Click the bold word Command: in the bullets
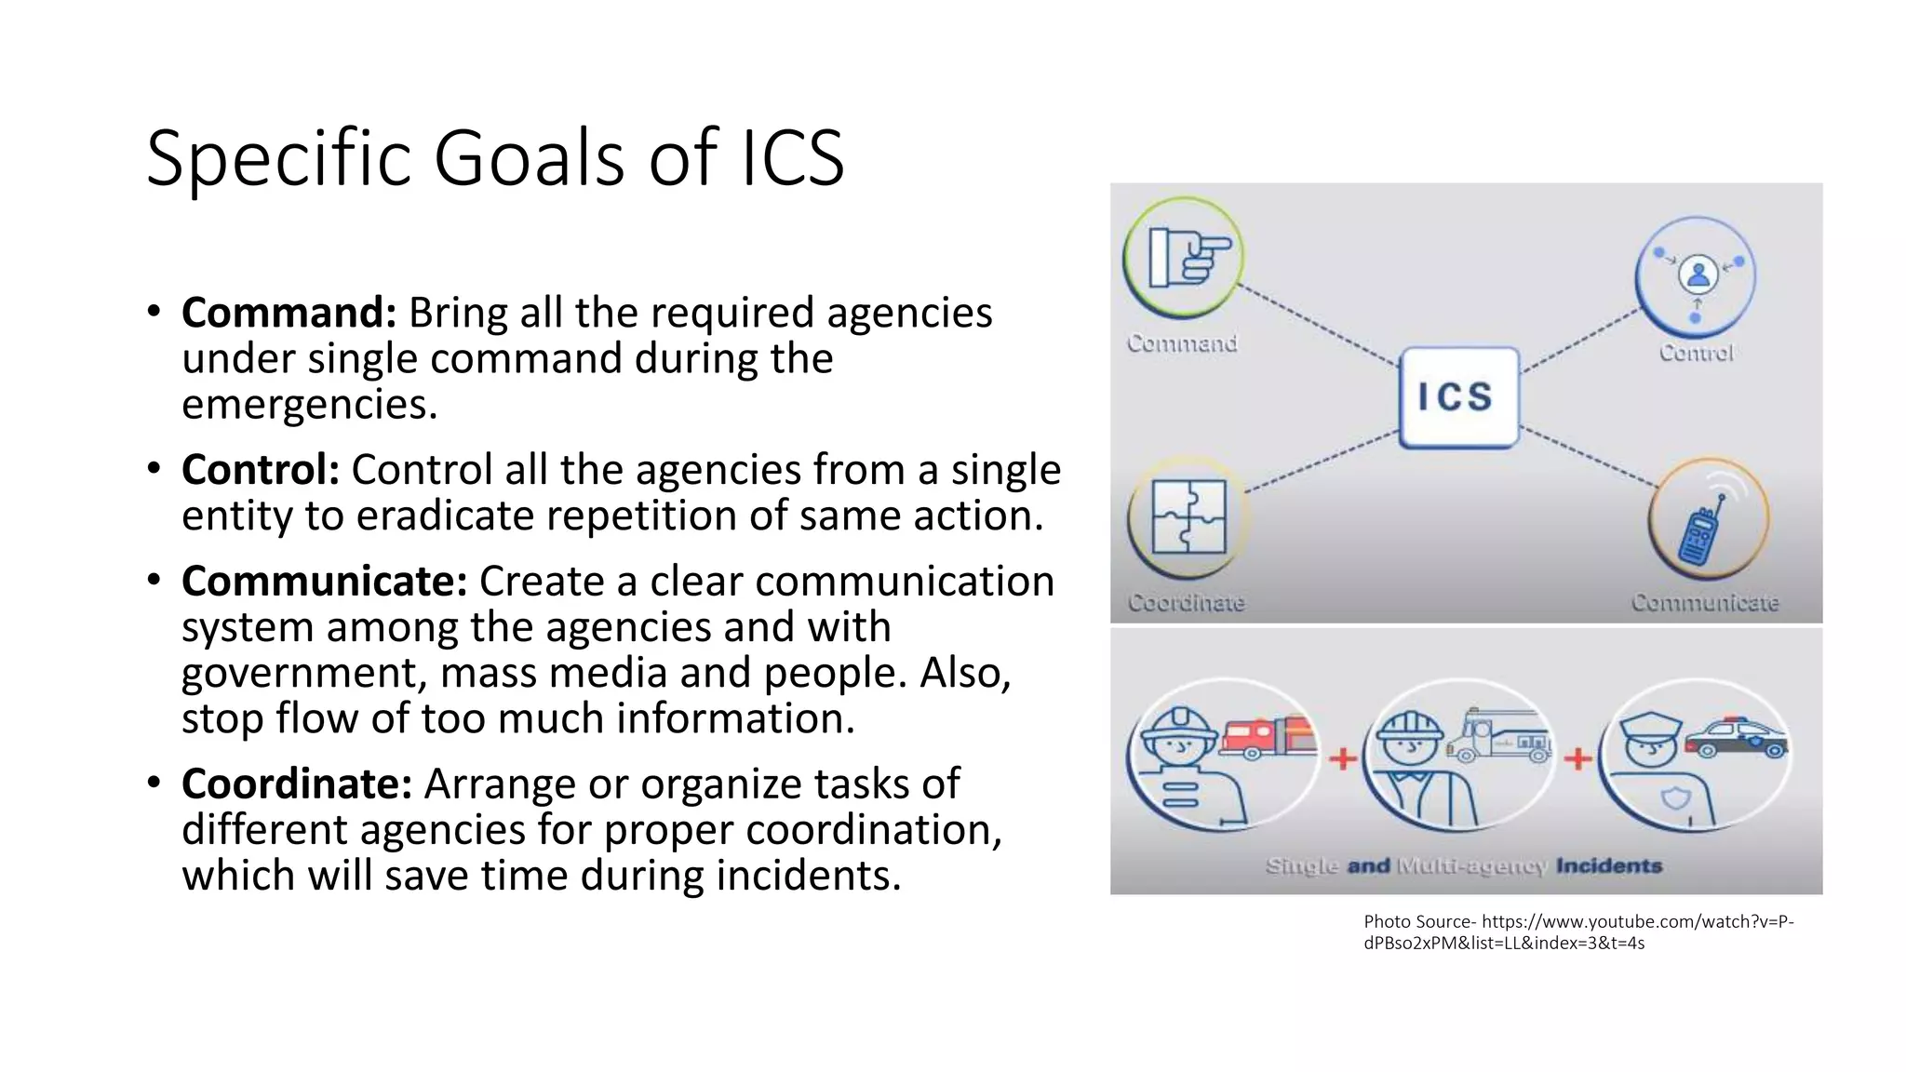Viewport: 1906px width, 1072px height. pyautogui.click(x=289, y=313)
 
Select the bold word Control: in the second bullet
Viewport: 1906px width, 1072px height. pyautogui.click(x=260, y=470)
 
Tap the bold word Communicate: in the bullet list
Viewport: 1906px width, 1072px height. pyautogui.click(x=324, y=582)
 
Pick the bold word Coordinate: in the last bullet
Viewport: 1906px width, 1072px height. pyautogui.click(x=296, y=784)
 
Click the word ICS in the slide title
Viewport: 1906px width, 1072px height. pyautogui.click(x=792, y=158)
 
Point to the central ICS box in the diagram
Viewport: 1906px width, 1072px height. pyautogui.click(x=1457, y=397)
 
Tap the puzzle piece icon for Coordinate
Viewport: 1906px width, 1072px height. pyautogui.click(x=1188, y=516)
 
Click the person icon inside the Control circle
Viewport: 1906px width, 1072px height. pyautogui.click(x=1698, y=275)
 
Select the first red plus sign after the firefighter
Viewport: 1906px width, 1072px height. pyautogui.click(x=1342, y=759)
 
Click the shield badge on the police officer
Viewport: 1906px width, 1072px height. pyautogui.click(x=1676, y=798)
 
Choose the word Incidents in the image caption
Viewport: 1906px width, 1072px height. pyautogui.click(x=1608, y=866)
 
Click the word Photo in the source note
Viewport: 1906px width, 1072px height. pyautogui.click(x=1387, y=922)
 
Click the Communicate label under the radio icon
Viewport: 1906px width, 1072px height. pyautogui.click(x=1704, y=603)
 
